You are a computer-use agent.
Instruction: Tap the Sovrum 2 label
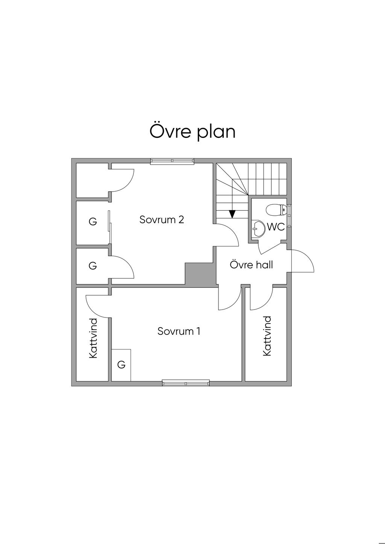tap(162, 219)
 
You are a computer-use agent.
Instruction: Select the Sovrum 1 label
tap(179, 331)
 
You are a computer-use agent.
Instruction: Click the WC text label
tap(276, 227)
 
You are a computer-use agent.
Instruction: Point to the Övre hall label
tap(251, 265)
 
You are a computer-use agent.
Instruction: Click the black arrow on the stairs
tap(232, 214)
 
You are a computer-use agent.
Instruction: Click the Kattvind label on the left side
tap(93, 338)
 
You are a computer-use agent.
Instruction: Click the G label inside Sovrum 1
tap(121, 364)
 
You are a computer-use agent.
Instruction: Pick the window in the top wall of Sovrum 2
tap(172, 161)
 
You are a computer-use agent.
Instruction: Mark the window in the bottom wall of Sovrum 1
tap(186, 383)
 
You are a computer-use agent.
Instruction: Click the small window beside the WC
tap(289, 215)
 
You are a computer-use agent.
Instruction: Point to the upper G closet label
tap(92, 222)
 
